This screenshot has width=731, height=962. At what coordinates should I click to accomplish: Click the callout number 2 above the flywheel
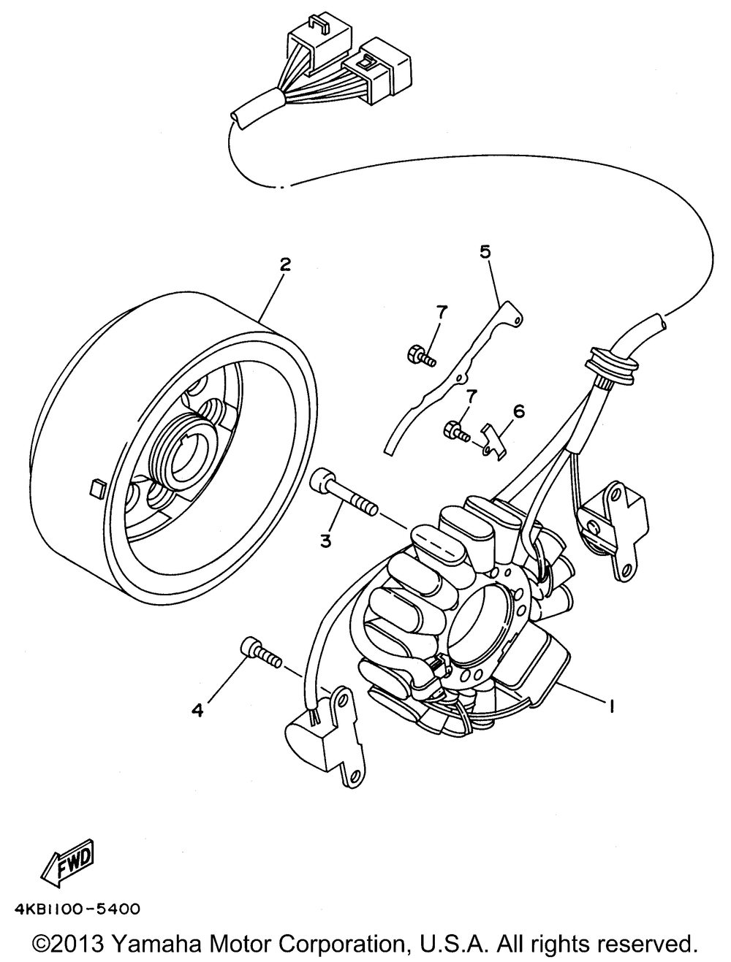click(284, 264)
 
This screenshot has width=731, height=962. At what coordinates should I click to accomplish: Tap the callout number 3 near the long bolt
click(325, 541)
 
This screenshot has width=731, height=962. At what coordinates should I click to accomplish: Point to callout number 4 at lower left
click(197, 709)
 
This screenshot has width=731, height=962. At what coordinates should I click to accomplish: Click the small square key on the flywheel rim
click(96, 487)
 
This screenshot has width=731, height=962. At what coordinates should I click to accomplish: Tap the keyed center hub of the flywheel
click(183, 458)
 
